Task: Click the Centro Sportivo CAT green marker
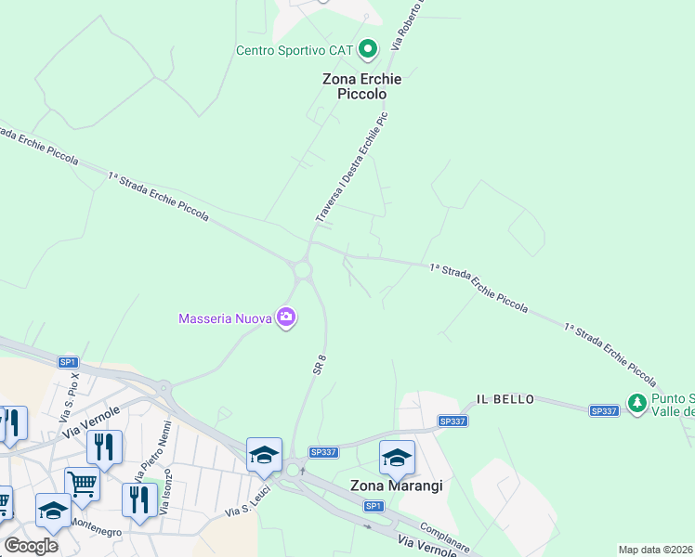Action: tap(368, 49)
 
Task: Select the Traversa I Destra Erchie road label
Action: tap(351, 167)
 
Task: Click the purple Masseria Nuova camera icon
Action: tap(286, 318)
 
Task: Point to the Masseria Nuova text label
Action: tap(225, 319)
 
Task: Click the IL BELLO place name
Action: tap(505, 399)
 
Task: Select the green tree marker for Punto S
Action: tap(636, 403)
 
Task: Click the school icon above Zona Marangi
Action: tap(397, 458)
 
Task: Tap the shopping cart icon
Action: tap(82, 484)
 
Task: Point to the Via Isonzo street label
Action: tap(166, 499)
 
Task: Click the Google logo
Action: tap(31, 546)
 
